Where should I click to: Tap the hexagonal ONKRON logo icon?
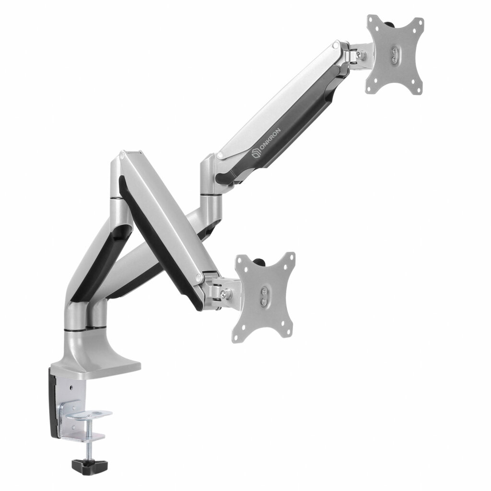point(255,153)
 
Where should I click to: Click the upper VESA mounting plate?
point(395,55)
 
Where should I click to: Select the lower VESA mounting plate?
point(265,295)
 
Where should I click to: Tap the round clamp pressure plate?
point(89,415)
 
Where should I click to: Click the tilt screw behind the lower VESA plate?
point(223,294)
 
